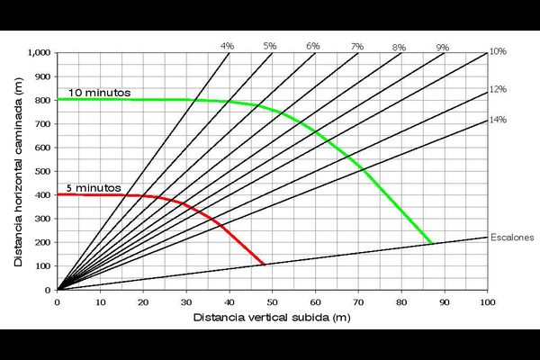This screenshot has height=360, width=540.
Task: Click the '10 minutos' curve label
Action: pos(99,93)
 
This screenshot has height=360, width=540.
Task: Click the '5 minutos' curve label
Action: pos(91,188)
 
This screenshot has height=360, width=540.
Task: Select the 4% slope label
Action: pos(227,45)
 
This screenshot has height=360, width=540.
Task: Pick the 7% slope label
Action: pos(357,45)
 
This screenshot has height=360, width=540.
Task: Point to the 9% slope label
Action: pos(442,47)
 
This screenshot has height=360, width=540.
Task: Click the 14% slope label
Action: pos(498,120)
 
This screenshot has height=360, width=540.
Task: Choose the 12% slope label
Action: pos(498,89)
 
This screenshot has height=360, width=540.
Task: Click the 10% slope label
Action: pos(498,52)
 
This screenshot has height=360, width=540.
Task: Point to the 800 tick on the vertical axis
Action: pos(43,100)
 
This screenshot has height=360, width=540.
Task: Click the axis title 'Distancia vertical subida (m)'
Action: pos(270,318)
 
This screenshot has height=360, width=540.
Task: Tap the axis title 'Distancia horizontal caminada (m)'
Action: pos(17,170)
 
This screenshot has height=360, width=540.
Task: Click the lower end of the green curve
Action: pos(431,243)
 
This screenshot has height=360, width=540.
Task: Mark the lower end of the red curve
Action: pos(263,265)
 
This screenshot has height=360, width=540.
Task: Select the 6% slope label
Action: pos(313,45)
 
